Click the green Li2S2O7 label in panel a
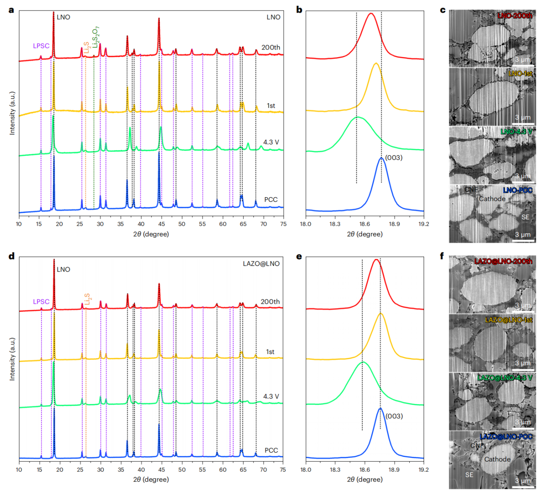pos(96,37)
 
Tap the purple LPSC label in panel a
pos(41,46)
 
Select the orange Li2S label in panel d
pos(87,299)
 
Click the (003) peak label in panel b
pos(394,158)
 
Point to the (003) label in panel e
pos(394,416)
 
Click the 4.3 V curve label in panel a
pos(271,142)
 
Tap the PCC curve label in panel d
pos(271,450)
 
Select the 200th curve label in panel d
pos(270,302)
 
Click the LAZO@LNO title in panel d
pos(261,263)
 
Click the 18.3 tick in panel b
pos(335,224)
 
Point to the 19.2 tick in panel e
pos(424,470)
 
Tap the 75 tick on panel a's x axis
pos(283,224)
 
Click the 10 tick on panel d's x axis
pos(19,470)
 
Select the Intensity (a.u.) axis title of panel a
pos(12,113)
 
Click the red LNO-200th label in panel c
pos(514,16)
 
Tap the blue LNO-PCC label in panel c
pos(517,190)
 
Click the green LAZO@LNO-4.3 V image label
pos(505,378)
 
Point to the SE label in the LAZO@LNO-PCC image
pos(469,475)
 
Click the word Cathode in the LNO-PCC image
pos(492,199)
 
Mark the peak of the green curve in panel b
pos(358,117)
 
